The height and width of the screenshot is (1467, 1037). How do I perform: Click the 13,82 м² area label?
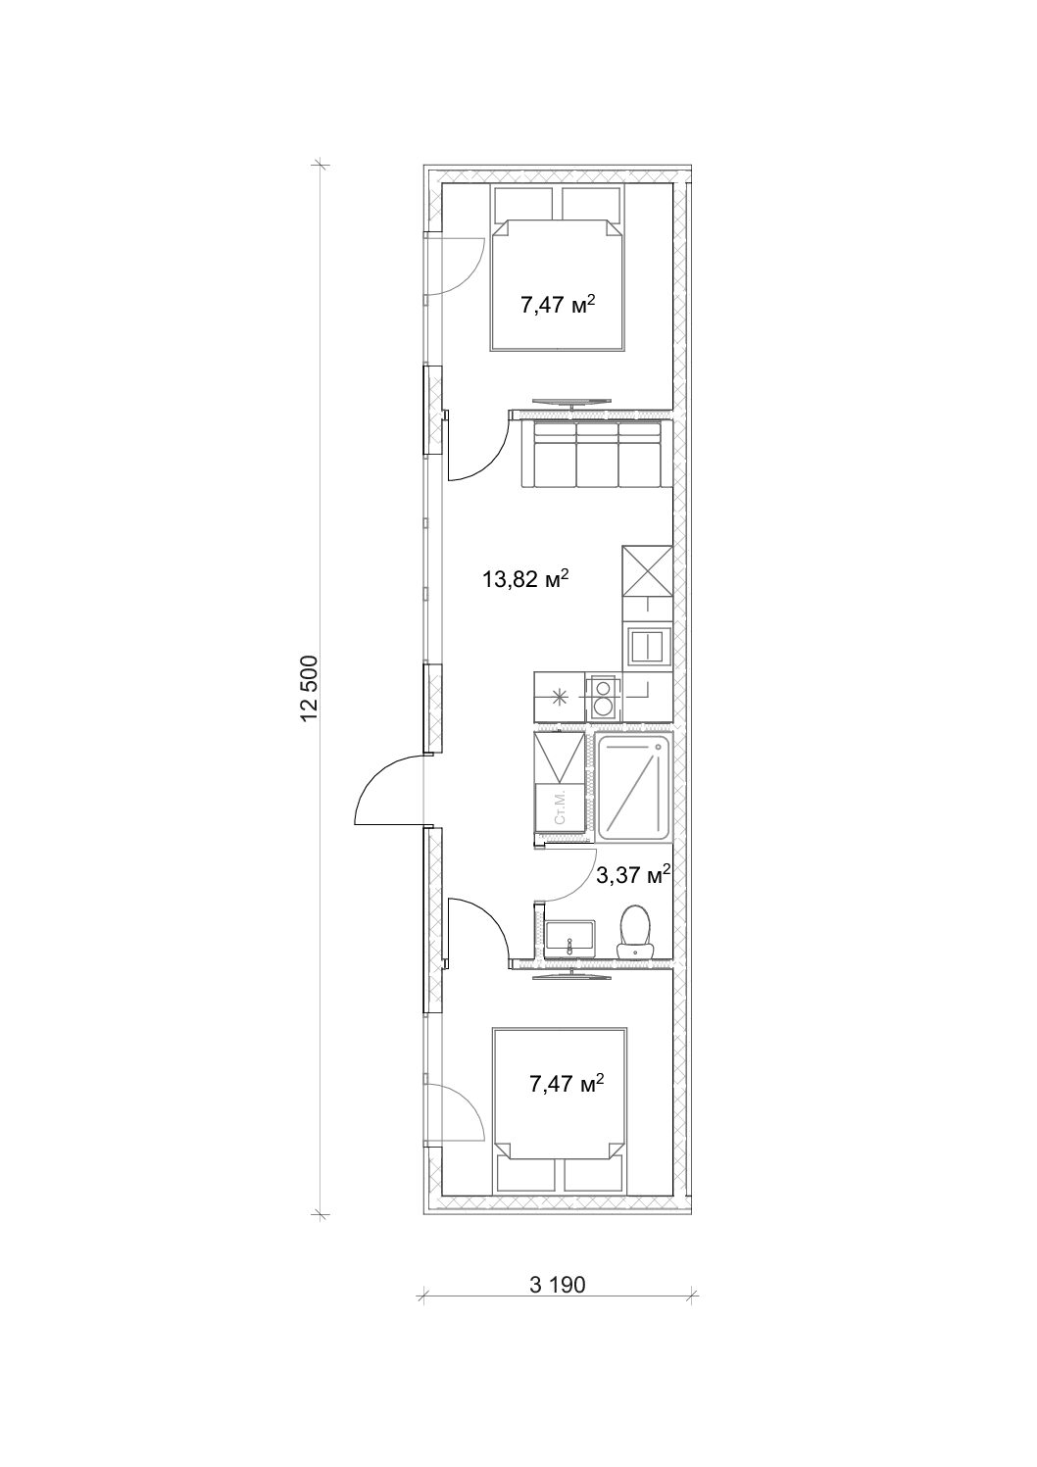tap(524, 579)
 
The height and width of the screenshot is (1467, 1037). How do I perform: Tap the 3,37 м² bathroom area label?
tap(633, 874)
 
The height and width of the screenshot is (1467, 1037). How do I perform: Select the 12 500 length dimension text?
tap(310, 688)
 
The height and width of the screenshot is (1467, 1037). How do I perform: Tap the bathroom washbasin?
tap(569, 941)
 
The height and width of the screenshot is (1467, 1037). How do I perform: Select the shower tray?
tap(634, 788)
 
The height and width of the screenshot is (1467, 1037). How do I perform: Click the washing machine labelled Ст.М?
tap(560, 809)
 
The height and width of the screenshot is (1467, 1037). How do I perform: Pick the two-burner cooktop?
tap(602, 697)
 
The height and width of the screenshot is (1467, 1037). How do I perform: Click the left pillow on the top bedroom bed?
tap(524, 205)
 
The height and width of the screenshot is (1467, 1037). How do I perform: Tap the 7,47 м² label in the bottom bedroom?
tap(566, 1083)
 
